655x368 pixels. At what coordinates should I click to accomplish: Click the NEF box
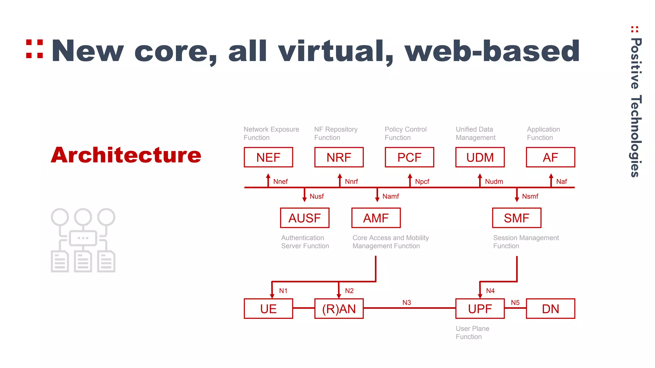268,157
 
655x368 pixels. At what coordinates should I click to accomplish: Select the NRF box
339,157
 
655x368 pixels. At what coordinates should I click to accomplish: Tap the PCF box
409,157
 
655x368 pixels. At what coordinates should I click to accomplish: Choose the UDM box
480,157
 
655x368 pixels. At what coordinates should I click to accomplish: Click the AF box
550,157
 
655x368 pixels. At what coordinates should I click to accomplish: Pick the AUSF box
304,218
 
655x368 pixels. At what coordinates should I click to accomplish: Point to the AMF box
376,218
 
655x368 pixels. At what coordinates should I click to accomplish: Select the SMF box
517,218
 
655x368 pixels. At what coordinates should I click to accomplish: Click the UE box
268,309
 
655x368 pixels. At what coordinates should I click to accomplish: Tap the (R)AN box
339,309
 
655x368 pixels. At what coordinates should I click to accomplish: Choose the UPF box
480,309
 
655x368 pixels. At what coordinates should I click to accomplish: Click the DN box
550,309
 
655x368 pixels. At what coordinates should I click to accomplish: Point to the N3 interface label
406,303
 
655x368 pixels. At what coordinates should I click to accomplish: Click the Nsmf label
530,196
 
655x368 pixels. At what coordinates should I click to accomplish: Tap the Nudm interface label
494,182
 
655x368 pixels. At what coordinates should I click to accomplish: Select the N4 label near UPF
490,291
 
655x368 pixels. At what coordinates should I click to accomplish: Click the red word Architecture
126,155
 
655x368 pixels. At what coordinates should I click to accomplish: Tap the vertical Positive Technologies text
636,107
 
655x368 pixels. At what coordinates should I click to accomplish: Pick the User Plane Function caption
472,333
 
